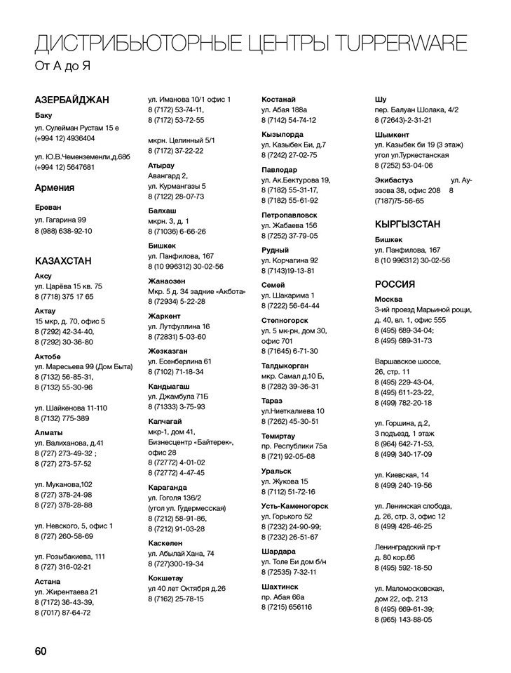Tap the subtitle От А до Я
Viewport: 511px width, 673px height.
(63, 67)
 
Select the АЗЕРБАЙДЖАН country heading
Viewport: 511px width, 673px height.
(71, 100)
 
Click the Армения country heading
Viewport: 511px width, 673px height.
(54, 187)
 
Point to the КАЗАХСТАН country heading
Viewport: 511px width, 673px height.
(63, 261)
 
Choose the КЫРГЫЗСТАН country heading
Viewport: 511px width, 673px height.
(407, 224)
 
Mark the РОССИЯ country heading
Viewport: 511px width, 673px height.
(395, 284)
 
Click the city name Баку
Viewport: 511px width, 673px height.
(43, 115)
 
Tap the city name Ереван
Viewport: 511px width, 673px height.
(48, 207)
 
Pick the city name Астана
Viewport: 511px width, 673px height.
(47, 581)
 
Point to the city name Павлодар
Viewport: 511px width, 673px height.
(279, 169)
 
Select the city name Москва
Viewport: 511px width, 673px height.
(389, 299)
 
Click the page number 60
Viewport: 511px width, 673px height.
(40, 651)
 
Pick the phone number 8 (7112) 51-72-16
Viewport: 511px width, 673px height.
(288, 491)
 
